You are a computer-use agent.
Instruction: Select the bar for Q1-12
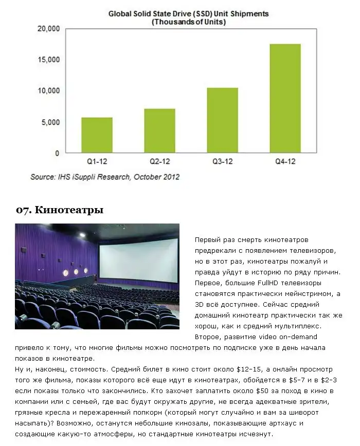point(97,135)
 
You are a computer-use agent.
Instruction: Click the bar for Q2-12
point(159,131)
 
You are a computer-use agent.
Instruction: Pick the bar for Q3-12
point(222,120)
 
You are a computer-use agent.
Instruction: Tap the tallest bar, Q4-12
point(285,98)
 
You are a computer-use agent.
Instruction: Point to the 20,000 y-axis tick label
point(49,29)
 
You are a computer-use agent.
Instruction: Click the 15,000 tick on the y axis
point(49,60)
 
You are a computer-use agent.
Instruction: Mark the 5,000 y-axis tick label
point(51,122)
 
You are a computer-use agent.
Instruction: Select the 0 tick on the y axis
point(57,153)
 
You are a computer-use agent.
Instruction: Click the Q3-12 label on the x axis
point(222,162)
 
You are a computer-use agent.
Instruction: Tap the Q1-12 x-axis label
point(97,162)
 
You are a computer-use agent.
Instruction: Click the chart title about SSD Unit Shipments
point(188,14)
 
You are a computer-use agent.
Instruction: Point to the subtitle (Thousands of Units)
point(188,22)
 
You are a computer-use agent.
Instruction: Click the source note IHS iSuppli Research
point(105,177)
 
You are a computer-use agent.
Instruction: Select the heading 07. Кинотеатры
point(60,210)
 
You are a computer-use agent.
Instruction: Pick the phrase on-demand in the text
point(299,337)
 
